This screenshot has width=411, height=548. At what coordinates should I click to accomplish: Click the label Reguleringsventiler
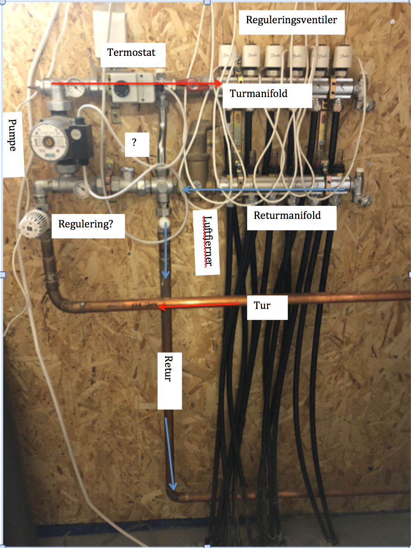291,21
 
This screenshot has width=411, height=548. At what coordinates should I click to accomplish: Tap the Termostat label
131,53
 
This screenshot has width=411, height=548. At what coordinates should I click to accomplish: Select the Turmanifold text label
259,94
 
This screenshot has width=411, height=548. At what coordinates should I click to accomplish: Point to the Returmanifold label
287,216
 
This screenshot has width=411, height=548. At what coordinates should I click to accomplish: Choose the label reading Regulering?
86,224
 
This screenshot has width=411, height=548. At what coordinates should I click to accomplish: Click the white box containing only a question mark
135,143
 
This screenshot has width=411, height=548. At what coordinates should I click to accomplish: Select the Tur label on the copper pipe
262,306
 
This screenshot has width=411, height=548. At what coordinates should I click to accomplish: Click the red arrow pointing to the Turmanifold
136,83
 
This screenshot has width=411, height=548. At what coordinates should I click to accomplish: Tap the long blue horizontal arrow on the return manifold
264,190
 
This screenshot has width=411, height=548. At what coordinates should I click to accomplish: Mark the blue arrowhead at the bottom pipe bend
173,486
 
